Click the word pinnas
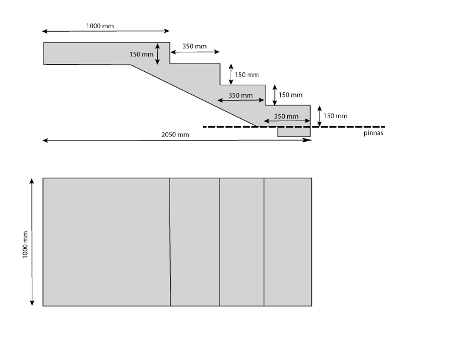click(x=374, y=134)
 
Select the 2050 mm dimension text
click(x=175, y=135)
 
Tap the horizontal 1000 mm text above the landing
click(x=100, y=26)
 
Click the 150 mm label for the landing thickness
click(x=141, y=54)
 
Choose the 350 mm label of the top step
click(x=194, y=46)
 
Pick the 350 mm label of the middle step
click(x=240, y=95)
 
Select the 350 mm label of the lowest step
click(x=287, y=116)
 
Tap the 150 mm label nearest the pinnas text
click(x=335, y=116)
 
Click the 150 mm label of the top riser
click(x=247, y=75)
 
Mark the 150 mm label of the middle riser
click(x=290, y=95)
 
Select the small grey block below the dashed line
click(x=294, y=132)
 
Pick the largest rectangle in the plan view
click(x=106, y=242)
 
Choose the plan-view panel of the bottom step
click(x=287, y=242)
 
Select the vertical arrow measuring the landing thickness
click(x=158, y=54)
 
